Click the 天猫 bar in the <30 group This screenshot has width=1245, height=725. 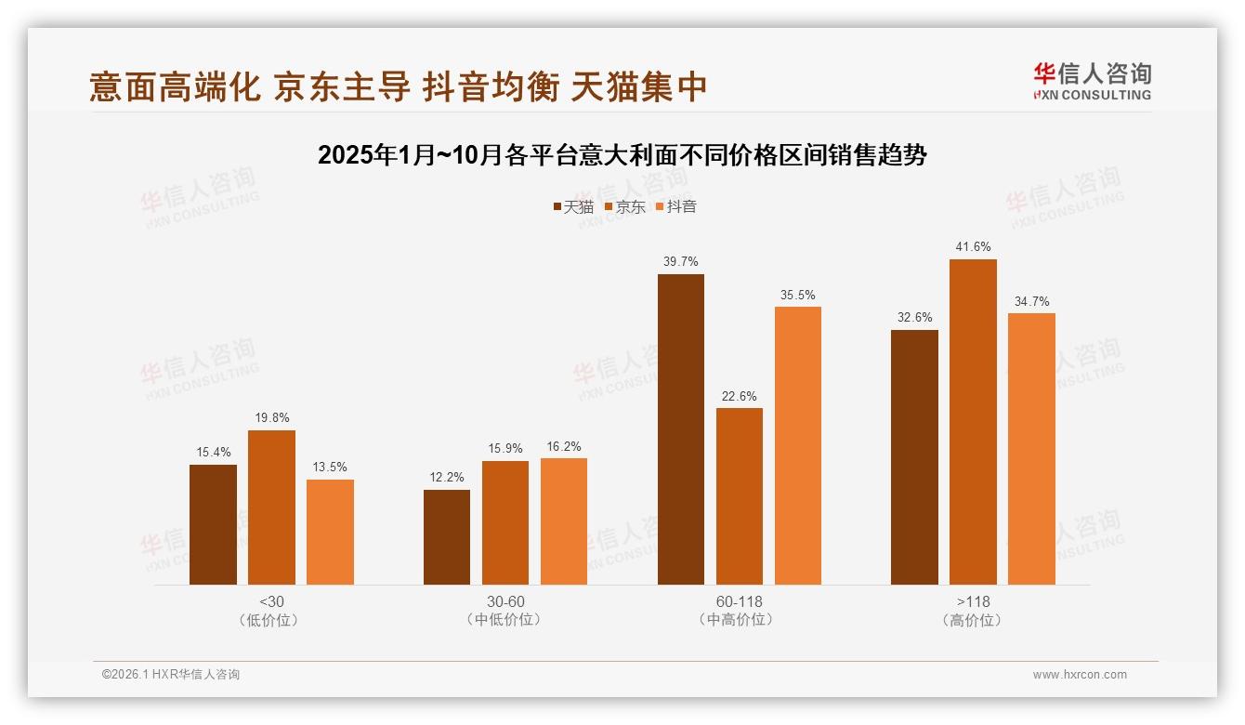(213, 524)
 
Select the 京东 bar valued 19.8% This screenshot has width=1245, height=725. (271, 507)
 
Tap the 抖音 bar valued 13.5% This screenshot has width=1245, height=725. (330, 532)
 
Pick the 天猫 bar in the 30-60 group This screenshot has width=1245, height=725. (447, 537)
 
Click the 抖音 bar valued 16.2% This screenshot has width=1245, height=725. (564, 521)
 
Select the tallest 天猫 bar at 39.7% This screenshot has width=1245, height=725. (681, 429)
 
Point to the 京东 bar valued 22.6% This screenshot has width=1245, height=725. (740, 496)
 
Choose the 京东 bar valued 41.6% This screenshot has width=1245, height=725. (973, 422)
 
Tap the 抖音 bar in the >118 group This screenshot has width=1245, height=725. (1031, 449)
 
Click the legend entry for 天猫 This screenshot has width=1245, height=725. (573, 206)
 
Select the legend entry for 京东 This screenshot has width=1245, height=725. (625, 206)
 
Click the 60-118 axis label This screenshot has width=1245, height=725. (740, 601)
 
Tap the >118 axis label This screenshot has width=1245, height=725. (973, 601)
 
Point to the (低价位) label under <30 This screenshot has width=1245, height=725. (271, 619)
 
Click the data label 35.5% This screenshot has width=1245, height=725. (798, 295)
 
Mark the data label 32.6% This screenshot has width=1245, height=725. (914, 318)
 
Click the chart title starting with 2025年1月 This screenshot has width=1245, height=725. (622, 155)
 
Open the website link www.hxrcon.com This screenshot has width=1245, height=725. (1080, 675)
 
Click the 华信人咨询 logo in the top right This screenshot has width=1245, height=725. (1092, 81)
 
